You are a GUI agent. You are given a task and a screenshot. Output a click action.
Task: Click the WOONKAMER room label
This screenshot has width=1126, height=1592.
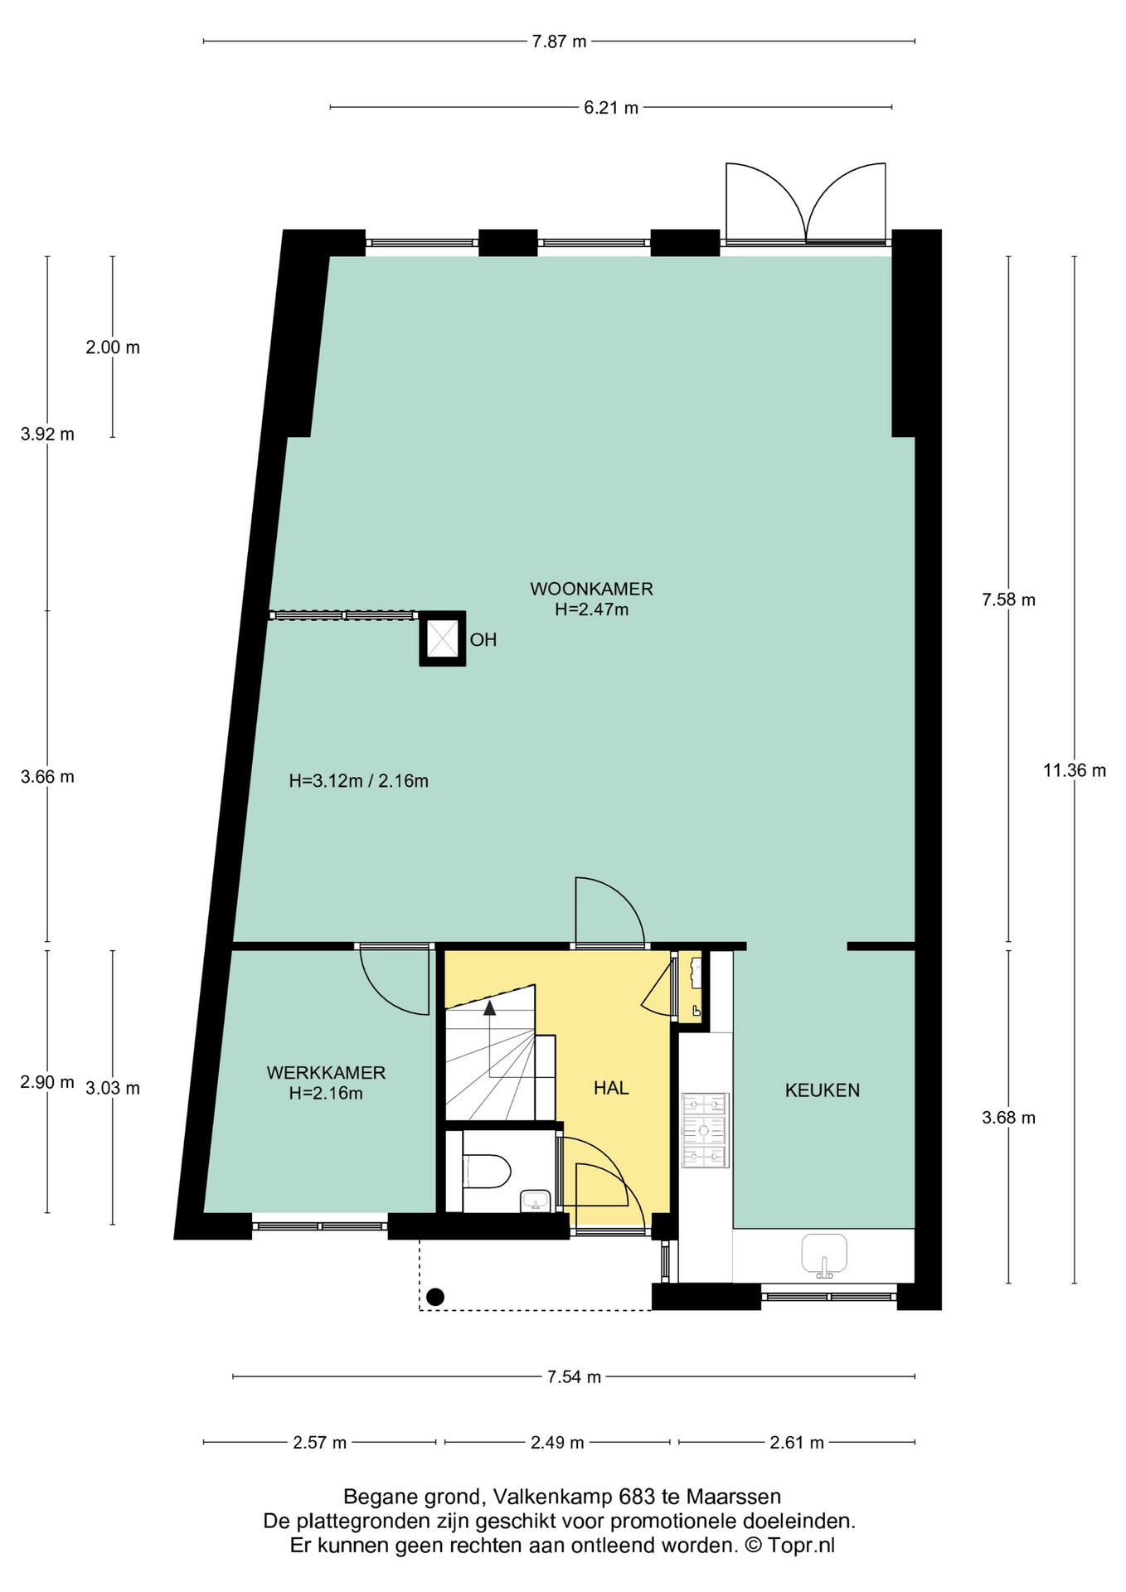pyautogui.click(x=591, y=589)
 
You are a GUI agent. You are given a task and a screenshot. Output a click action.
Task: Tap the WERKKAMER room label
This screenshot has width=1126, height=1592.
pyautogui.click(x=326, y=1073)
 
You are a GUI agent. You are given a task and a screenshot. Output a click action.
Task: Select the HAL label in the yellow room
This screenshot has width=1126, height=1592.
pyautogui.click(x=611, y=1088)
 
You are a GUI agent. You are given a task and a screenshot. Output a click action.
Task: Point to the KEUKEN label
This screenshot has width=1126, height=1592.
pyautogui.click(x=822, y=1090)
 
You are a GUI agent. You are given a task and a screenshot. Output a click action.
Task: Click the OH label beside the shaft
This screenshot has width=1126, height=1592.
pyautogui.click(x=483, y=640)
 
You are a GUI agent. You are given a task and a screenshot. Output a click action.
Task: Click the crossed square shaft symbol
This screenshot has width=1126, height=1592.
pyautogui.click(x=442, y=638)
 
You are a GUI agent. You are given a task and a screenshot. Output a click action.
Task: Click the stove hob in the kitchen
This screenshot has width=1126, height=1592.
pyautogui.click(x=705, y=1130)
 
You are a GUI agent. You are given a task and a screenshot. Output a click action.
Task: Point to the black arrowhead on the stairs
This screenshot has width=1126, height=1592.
pyautogui.click(x=490, y=1007)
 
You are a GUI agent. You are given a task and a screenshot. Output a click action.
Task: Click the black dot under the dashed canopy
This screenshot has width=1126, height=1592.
pyautogui.click(x=435, y=1297)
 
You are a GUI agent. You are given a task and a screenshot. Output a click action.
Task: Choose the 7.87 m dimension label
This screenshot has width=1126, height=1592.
pyautogui.click(x=559, y=41)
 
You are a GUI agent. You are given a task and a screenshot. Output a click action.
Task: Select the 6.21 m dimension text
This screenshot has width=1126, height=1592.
pyautogui.click(x=611, y=108)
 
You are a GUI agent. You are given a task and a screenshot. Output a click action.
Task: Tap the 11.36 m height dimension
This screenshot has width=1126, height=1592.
pyautogui.click(x=1075, y=770)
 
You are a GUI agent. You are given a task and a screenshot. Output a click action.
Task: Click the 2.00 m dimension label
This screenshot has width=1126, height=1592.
pyautogui.click(x=113, y=347)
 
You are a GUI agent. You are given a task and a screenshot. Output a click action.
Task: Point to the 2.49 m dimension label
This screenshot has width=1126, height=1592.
pyautogui.click(x=557, y=1443)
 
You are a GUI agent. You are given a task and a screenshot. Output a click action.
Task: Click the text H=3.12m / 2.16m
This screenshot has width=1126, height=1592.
pyautogui.click(x=358, y=781)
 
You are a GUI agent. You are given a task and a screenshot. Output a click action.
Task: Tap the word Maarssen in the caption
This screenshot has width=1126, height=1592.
pyautogui.click(x=734, y=1497)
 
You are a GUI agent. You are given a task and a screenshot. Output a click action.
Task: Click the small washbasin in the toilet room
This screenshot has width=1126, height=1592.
pyautogui.click(x=536, y=1201)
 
